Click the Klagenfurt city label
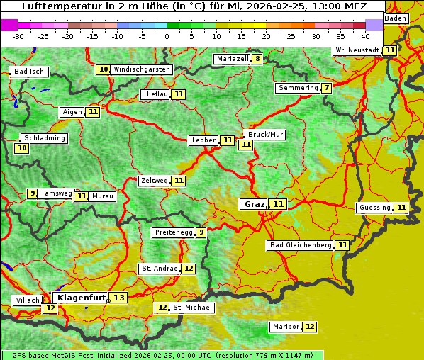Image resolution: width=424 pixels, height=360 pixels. tap(82, 298)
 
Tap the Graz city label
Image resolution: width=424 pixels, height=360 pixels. tap(253, 204)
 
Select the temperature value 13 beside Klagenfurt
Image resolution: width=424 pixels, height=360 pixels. tap(118, 298)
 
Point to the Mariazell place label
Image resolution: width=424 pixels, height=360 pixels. tap(232, 59)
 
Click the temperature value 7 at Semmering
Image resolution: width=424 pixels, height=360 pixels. tap(326, 88)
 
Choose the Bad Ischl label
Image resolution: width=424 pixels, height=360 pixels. tap(30, 72)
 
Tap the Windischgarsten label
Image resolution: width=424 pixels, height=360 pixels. tap(142, 69)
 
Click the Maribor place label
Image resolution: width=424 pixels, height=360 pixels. tap(285, 327)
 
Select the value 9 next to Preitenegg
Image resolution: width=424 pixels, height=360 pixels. tap(201, 232)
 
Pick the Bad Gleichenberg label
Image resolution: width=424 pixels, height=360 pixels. tap(300, 245)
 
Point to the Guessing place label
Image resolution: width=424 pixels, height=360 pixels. tap(374, 208)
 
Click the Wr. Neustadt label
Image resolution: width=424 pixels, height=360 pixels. tap(357, 50)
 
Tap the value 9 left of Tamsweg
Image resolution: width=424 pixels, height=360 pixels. tap(32, 193)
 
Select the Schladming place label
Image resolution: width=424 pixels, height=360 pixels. tap(45, 138)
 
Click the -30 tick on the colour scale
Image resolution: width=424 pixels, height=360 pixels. tap(18, 36)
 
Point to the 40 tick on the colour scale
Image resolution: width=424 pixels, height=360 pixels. tap(365, 36)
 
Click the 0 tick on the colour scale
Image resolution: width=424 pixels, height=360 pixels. tap(167, 36)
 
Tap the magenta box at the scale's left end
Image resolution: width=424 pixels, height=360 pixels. tap(9, 25)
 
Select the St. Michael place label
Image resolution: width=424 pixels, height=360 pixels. tap(193, 308)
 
